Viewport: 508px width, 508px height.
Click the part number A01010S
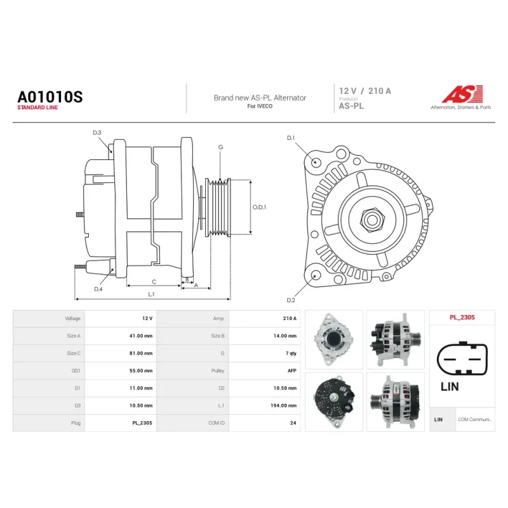coord(50,97)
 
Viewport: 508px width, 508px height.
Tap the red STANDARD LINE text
coord(37,107)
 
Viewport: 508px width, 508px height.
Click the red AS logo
coord(462,94)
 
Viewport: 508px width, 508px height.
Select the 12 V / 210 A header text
coord(365,91)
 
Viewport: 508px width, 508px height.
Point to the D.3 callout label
coord(97,133)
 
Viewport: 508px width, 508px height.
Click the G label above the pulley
coord(220,147)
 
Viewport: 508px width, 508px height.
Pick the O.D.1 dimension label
coord(259,207)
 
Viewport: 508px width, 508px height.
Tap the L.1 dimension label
coord(151,294)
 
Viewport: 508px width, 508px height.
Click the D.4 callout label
coord(98,289)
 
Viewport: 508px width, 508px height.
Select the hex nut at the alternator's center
coord(372,220)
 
